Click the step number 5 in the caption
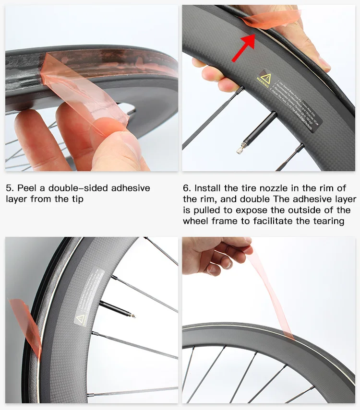pyautogui.click(x=8, y=187)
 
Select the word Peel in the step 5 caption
pyautogui.click(x=25, y=187)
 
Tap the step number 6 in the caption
pyautogui.click(x=186, y=187)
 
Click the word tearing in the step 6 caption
pyautogui.click(x=328, y=221)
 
